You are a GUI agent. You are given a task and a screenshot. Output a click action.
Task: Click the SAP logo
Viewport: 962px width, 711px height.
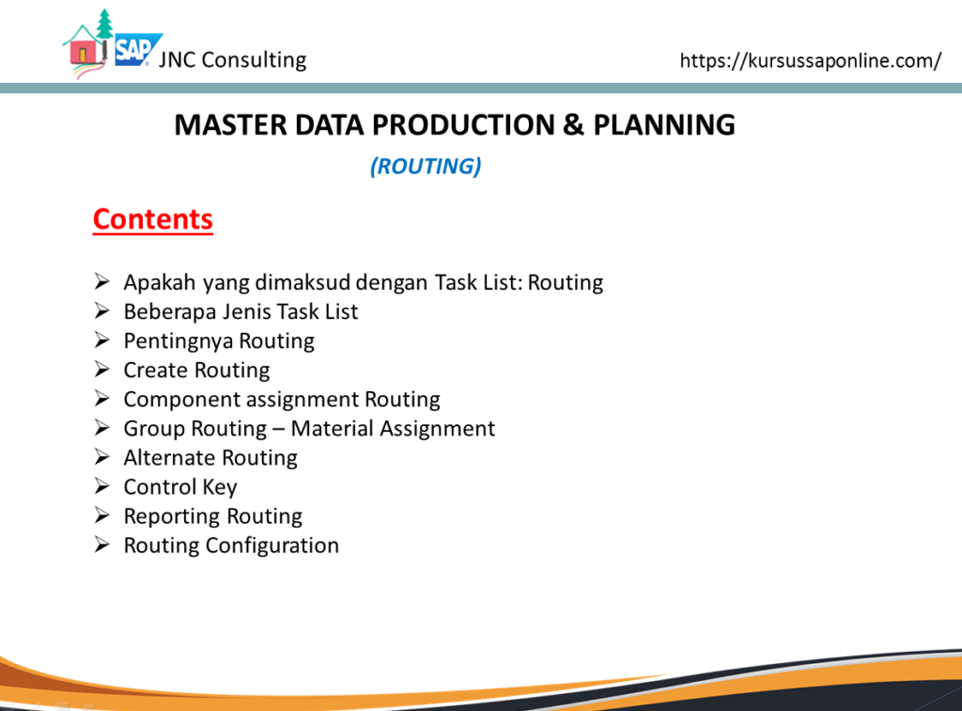point(137,49)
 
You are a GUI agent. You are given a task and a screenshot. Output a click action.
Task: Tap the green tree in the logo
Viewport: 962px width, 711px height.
point(105,24)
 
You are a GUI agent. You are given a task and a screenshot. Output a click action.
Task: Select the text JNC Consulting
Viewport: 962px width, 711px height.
point(233,60)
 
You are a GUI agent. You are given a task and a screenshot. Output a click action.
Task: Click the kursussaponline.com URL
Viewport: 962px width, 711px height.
point(811,61)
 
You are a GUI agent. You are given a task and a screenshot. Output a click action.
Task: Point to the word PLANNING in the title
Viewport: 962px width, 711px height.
point(664,125)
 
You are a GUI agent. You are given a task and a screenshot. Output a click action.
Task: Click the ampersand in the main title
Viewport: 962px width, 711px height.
point(572,125)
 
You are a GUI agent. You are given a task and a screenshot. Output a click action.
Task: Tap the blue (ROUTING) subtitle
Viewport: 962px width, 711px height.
point(426,166)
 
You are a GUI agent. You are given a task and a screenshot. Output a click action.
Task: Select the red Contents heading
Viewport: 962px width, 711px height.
point(153,219)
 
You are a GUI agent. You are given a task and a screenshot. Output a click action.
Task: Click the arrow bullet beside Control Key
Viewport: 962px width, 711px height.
point(101,486)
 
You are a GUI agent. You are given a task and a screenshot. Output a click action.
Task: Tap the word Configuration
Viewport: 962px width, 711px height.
point(272,545)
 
